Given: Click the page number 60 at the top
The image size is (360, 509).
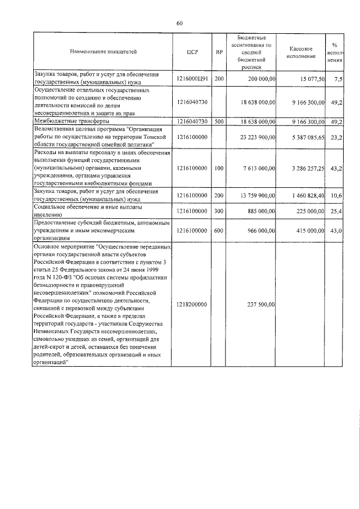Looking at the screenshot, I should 179,23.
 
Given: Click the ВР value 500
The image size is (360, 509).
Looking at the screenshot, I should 219,121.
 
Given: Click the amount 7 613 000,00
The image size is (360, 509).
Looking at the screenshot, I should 255,168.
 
